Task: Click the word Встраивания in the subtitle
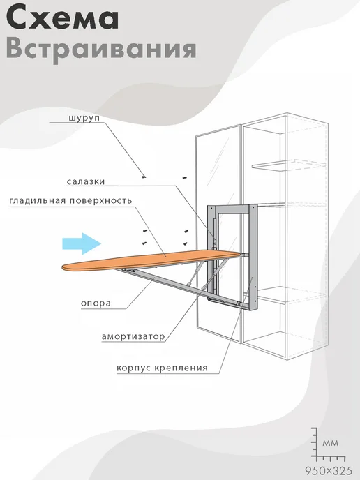point(101,49)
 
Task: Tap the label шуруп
point(84,118)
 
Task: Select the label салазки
point(86,181)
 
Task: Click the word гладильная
point(38,201)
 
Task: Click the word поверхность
point(100,200)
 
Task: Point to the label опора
point(96,303)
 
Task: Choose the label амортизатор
point(133,337)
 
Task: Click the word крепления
point(181,368)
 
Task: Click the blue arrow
point(82,243)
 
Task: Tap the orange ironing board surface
point(151,260)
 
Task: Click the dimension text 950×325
point(328,470)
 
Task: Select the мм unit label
point(330,443)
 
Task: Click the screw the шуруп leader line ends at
point(144,177)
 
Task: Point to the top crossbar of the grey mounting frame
point(232,209)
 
